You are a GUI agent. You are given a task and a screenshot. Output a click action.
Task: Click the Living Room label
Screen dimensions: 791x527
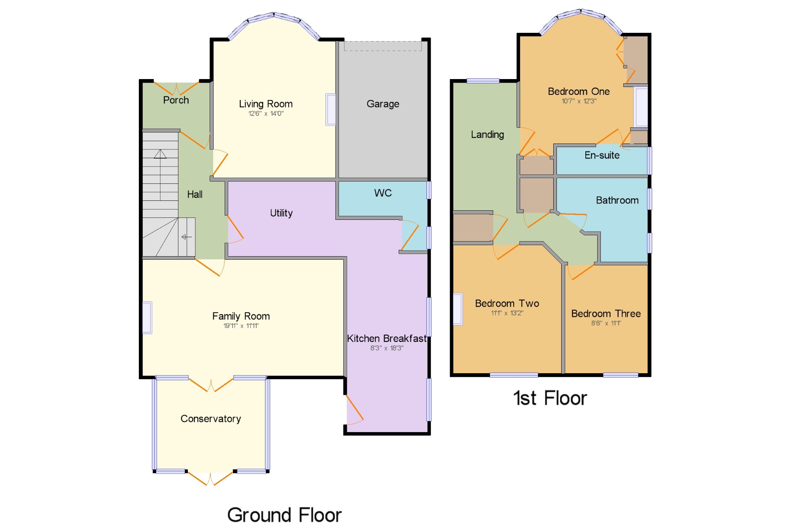coord(266,104)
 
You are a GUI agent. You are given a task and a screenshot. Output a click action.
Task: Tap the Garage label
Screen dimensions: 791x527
coord(383,104)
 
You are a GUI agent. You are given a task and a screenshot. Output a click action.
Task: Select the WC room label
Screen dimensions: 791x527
coord(383,193)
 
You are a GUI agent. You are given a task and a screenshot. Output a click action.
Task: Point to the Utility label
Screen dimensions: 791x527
coord(281,213)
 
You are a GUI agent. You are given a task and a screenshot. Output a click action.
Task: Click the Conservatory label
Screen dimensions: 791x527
coord(211,419)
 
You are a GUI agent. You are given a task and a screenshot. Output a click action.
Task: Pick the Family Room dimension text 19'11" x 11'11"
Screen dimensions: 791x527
coord(241,326)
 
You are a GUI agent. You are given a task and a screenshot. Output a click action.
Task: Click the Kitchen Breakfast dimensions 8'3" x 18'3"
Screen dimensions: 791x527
coord(387,348)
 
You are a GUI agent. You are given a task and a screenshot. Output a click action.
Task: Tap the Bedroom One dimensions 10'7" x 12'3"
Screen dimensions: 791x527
coord(579,101)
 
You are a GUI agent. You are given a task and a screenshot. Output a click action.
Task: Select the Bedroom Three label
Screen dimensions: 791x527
coord(606,314)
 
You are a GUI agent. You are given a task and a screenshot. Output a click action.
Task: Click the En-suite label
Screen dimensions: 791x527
coord(602,155)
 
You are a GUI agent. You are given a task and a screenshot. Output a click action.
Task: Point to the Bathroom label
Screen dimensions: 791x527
coord(617,200)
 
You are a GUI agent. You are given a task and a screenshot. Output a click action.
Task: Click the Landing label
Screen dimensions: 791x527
coord(487,135)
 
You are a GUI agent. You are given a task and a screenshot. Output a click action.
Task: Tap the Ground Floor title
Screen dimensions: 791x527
coord(284,515)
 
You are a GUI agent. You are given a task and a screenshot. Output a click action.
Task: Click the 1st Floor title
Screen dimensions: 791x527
coord(550,398)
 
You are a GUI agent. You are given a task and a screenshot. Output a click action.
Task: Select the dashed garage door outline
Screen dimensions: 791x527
coord(383,46)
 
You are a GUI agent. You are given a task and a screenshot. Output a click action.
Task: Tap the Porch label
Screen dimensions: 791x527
coord(176,100)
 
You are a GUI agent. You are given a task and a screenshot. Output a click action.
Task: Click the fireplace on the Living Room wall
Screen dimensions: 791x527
coord(331,110)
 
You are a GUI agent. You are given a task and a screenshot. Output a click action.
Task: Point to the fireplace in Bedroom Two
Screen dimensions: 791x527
coord(458,309)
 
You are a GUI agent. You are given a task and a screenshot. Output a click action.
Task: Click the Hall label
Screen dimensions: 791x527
coord(195,195)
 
